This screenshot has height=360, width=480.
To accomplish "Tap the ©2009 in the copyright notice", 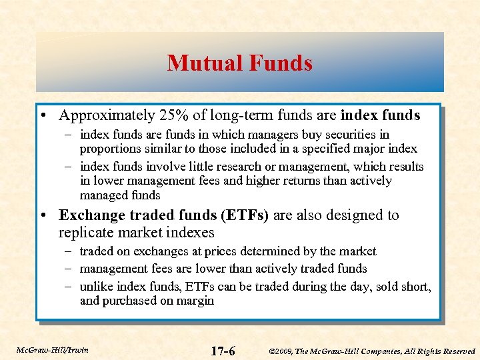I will click(283, 351).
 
